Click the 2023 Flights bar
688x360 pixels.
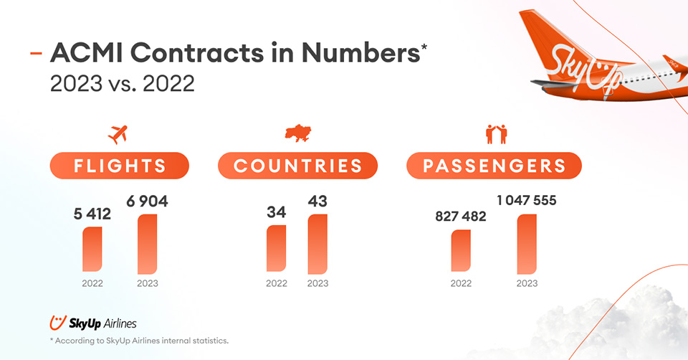pyautogui.click(x=148, y=245)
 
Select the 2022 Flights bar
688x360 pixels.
pyautogui.click(x=92, y=250)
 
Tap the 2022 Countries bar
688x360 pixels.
pyautogui.click(x=277, y=249)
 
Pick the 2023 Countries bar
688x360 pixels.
pyautogui.click(x=317, y=245)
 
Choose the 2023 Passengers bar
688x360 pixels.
pyautogui.click(x=527, y=245)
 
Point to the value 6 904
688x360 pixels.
pyautogui.click(x=148, y=202)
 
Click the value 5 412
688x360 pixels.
pyautogui.click(x=92, y=213)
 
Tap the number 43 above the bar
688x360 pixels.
pyautogui.click(x=317, y=202)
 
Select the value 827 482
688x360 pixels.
pyautogui.click(x=461, y=217)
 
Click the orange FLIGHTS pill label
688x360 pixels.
pyautogui.click(x=119, y=166)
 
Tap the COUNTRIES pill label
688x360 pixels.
pyautogui.click(x=297, y=166)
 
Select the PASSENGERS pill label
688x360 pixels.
pyautogui.click(x=494, y=166)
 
